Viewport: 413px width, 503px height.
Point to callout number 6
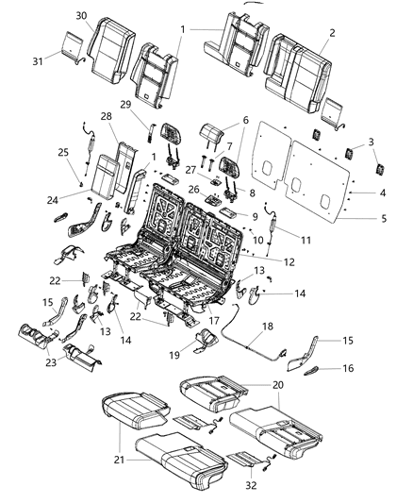pos(245,121)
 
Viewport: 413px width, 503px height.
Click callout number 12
pos(289,260)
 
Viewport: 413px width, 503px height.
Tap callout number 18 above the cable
pos(267,324)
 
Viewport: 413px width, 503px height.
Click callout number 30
pos(80,16)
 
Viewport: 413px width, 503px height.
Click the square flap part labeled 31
pos(69,43)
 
